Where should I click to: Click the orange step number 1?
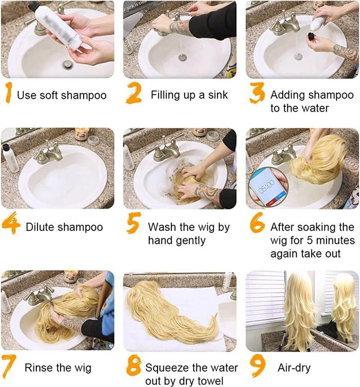coord(9,92)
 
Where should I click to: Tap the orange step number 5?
coord(134,223)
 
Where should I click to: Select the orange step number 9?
coord(257,367)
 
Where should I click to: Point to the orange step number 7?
coord(9,367)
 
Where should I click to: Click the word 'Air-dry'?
coord(294,368)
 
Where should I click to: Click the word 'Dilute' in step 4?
coord(42,227)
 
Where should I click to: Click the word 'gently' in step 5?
coord(190,241)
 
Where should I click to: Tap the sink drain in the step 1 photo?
coord(67,65)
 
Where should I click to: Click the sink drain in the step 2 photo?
coord(182,58)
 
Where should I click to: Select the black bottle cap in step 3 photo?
coord(312,37)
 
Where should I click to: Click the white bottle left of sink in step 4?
coord(10,158)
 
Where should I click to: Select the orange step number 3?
coord(257,92)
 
